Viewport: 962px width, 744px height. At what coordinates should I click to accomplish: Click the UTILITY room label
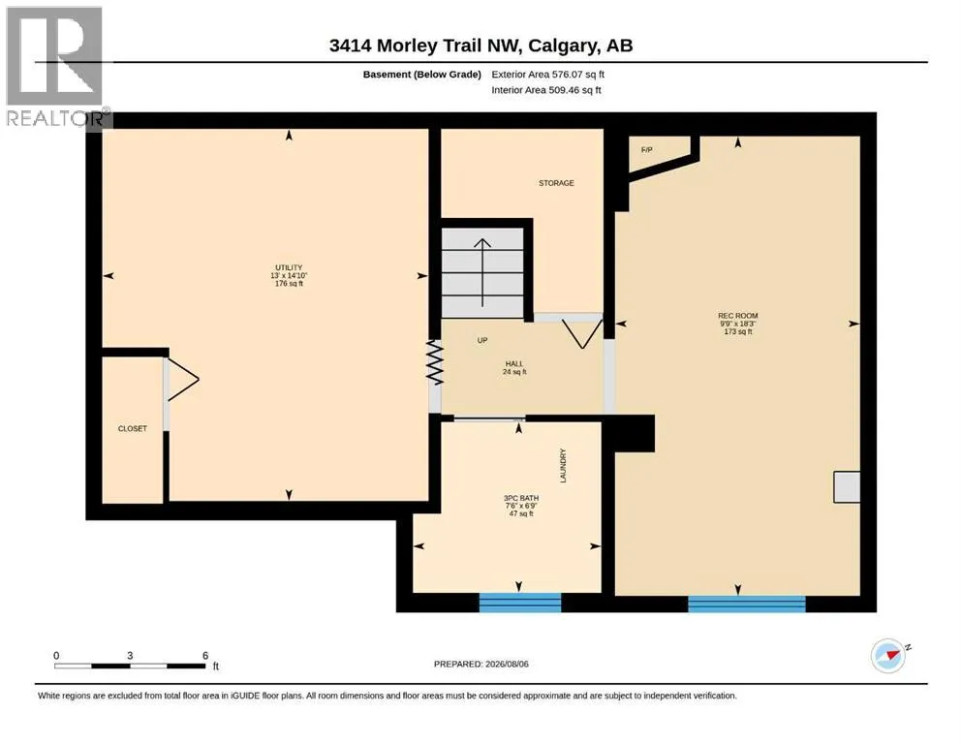coord(289,267)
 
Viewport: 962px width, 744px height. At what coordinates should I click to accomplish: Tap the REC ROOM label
coord(737,315)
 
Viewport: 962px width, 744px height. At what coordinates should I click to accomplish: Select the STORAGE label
coord(556,183)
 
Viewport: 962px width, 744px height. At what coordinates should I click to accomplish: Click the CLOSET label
coord(133,428)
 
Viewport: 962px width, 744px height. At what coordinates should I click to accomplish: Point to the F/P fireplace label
coord(646,149)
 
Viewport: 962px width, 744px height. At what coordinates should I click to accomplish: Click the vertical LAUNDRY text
coord(563,466)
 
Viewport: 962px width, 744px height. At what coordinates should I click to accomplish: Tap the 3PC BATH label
coord(521,498)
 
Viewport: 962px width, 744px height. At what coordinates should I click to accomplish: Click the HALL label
coord(514,363)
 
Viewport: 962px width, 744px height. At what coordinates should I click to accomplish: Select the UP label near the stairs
coord(482,340)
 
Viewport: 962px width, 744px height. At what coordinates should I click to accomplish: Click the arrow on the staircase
coord(482,272)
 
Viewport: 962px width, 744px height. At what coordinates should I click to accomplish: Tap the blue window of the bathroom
coord(519,602)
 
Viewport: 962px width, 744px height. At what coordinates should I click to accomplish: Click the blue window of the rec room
coord(747,604)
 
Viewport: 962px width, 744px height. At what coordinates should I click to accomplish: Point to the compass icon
coord(888,656)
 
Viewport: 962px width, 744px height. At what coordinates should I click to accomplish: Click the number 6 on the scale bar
coord(205,655)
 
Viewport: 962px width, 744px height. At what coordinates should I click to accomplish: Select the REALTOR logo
coord(56,66)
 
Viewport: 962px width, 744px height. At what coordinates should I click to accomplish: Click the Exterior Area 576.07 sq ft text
coord(548,75)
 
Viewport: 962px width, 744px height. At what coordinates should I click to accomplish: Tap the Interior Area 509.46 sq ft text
coord(546,90)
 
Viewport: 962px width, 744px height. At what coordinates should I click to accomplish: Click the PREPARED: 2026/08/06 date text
coord(481,664)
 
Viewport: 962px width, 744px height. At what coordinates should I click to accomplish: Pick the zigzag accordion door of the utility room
coord(434,362)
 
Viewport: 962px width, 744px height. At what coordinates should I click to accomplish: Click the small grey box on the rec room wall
coord(847,487)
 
